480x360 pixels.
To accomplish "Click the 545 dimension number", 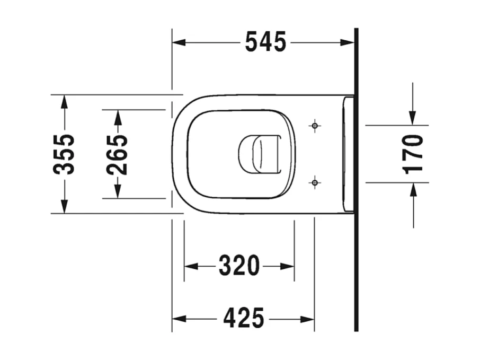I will click(x=265, y=42).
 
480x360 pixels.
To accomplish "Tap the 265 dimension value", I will click(x=117, y=154).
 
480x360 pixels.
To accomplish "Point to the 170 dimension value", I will click(x=413, y=154).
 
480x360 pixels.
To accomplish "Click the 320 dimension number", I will click(x=239, y=266).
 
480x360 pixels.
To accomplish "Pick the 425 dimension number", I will click(x=243, y=319).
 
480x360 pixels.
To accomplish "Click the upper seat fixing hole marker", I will click(x=315, y=126).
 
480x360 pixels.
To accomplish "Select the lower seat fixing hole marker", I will click(x=315, y=183).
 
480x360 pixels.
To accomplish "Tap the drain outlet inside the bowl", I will click(x=259, y=154).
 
